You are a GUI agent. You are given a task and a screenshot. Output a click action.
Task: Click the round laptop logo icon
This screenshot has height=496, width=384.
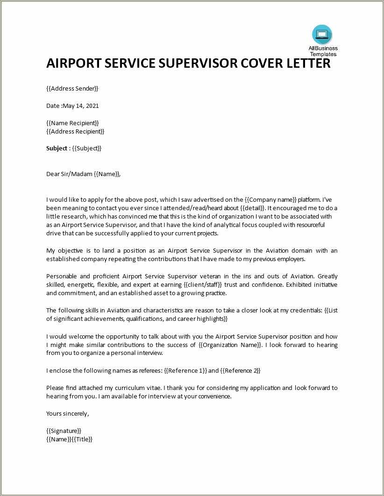pos(322,35)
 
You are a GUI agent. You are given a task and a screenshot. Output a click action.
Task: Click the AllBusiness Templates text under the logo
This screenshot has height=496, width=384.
pos(323,51)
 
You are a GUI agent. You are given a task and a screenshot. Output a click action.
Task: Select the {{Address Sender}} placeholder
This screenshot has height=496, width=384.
pos(72,88)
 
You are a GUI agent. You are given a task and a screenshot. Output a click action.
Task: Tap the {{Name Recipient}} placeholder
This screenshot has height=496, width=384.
pos(73,123)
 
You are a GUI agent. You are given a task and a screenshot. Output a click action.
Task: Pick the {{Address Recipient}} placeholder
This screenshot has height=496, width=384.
pos(75,131)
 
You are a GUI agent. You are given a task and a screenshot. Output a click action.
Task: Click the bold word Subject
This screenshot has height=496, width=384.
pos(57,148)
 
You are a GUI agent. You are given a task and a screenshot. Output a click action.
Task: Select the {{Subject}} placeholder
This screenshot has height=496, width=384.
pos(86,148)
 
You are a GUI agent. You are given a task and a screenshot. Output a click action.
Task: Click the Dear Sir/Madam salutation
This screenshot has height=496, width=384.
pos(69,174)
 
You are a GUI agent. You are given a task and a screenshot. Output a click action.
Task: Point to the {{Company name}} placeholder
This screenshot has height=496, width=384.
pos(270,199)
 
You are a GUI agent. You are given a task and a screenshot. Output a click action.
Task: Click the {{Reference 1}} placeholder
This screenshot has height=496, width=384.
pos(185,370)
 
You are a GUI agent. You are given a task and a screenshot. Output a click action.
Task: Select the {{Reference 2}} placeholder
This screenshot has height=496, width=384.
pos(240,370)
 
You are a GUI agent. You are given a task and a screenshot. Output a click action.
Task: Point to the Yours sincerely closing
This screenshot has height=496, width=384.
pos(67,413)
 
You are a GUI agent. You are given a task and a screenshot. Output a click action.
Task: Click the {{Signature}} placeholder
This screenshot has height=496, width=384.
pos(64,431)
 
